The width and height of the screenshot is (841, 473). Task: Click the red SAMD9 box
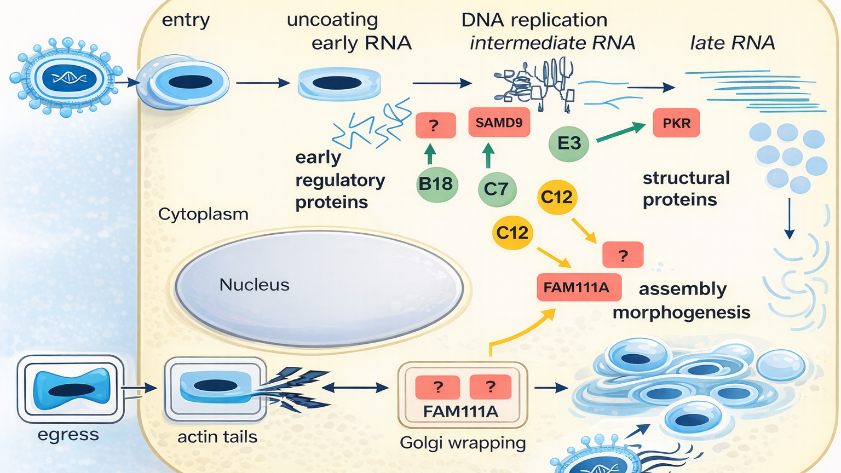coord(499,123)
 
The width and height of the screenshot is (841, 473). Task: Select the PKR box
coord(676,123)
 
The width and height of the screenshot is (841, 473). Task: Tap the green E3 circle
coord(569,143)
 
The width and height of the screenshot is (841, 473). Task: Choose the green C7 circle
coord(497,189)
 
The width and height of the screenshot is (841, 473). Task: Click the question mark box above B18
coord(435,125)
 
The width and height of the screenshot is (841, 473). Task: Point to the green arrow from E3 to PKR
coord(620,132)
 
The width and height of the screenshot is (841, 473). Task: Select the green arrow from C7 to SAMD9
coord(488,155)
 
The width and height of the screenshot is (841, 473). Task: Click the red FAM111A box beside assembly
coord(578,287)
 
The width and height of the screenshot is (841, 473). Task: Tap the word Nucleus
coord(254,285)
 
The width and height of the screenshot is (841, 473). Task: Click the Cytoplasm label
coord(203,214)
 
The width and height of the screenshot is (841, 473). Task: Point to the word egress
coord(68,435)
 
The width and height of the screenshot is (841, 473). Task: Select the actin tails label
coord(217,437)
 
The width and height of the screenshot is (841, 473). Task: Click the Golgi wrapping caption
coord(463,442)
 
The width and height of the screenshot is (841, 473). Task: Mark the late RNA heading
coord(732,43)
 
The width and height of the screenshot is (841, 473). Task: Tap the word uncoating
coord(332,20)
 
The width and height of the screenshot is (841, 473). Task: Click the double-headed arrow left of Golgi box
coord(355,388)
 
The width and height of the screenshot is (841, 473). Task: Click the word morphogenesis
coord(681,313)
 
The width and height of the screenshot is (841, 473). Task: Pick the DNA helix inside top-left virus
coord(69,78)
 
